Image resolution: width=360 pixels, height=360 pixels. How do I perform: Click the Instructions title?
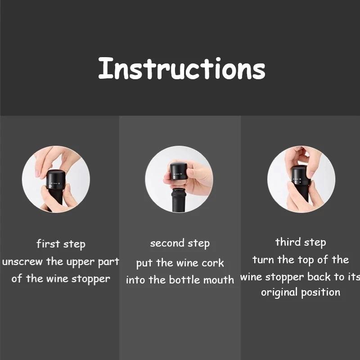181,69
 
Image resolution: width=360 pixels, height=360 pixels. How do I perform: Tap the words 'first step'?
61,244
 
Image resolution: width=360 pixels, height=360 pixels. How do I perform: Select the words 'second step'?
180,243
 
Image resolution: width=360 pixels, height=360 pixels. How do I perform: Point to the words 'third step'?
300,242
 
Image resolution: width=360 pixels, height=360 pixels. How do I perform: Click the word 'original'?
279,292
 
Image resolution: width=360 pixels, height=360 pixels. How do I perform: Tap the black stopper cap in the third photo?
301,175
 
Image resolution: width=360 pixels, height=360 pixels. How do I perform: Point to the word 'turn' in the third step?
263,260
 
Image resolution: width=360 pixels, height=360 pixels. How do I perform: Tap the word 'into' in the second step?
136,279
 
